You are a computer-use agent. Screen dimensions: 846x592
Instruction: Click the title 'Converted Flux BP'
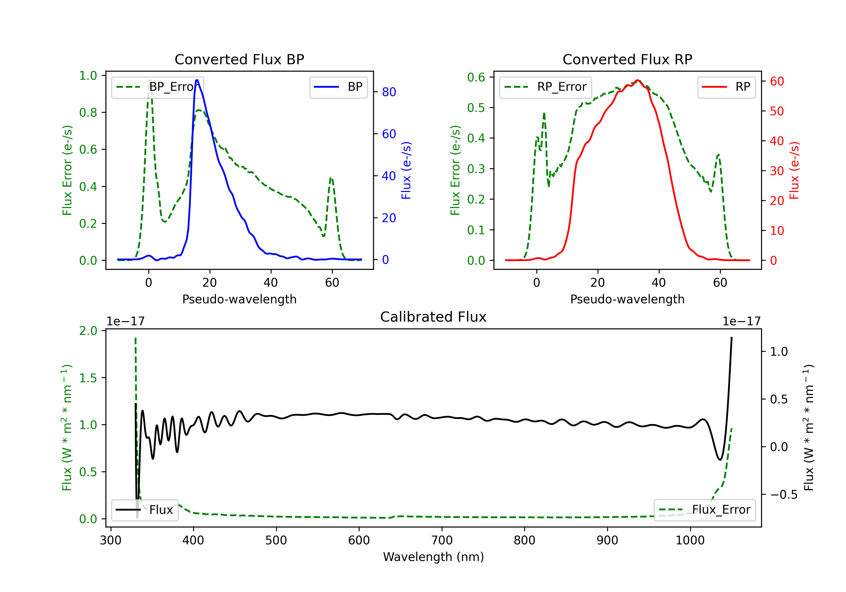click(239, 59)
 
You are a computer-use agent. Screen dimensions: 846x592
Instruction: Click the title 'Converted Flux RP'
click(627, 59)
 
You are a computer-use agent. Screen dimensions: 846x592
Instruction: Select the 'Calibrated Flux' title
click(433, 317)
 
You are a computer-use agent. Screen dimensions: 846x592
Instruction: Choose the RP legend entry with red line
click(726, 87)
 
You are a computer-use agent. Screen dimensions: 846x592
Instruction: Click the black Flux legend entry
click(144, 510)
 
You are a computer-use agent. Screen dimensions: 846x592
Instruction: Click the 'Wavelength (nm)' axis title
click(433, 557)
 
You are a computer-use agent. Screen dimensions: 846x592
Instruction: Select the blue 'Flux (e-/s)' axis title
click(406, 170)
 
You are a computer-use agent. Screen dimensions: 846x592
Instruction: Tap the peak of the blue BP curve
click(197, 80)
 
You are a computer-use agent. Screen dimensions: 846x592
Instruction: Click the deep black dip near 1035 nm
click(720, 460)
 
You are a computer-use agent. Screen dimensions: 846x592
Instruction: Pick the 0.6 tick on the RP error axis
click(476, 77)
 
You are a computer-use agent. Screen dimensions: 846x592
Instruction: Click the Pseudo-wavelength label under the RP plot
click(627, 299)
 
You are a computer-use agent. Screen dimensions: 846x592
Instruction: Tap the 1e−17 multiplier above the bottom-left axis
click(125, 321)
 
